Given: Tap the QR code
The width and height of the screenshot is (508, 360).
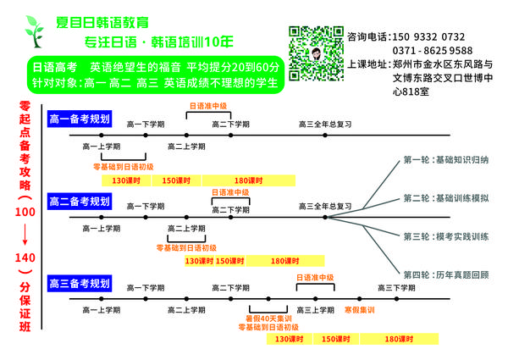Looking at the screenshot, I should pos(317,52).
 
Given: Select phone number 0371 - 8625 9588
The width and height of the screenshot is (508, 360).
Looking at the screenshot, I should pos(433,51).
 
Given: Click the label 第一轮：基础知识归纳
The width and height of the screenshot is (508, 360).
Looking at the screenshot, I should pos(445,160).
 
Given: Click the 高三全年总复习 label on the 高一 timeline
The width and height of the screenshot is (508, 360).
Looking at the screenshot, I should pos(325,125).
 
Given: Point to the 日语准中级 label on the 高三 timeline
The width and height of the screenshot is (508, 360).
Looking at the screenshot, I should pos(315,277).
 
